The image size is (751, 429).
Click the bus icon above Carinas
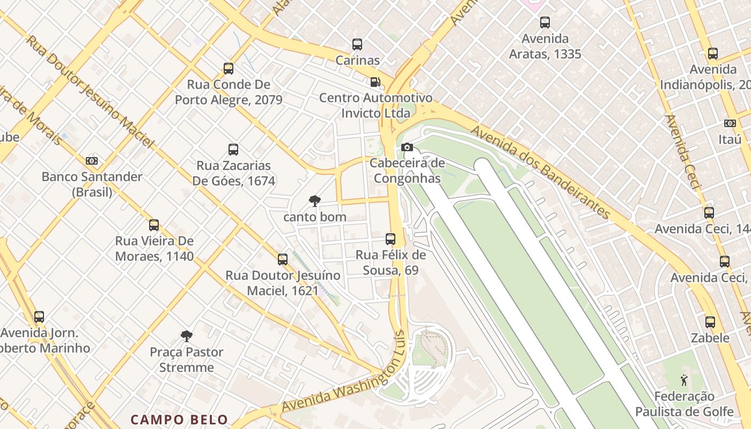click(x=357, y=45)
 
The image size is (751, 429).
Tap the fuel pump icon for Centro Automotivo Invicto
click(x=376, y=82)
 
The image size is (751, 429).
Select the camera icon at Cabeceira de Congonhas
click(x=407, y=147)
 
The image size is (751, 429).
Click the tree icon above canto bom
click(x=315, y=201)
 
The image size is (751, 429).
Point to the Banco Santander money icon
click(x=92, y=160)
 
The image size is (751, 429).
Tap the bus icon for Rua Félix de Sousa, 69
click(x=391, y=239)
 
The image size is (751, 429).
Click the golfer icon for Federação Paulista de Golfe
click(x=684, y=380)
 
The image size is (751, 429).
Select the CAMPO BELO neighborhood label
click(x=180, y=419)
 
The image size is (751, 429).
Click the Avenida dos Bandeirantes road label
click(x=541, y=173)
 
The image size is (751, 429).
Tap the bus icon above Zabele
click(x=710, y=322)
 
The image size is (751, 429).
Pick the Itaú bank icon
click(x=730, y=123)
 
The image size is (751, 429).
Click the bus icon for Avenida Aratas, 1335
click(x=545, y=23)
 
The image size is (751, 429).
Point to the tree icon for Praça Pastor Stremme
click(x=186, y=336)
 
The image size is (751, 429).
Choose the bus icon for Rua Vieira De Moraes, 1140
click(x=154, y=225)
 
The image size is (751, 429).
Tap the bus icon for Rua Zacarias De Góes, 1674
click(x=233, y=150)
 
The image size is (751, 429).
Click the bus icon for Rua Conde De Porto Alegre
click(x=229, y=69)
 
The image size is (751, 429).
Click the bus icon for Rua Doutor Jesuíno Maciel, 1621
click(x=283, y=260)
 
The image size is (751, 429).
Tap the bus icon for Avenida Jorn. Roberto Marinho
click(x=39, y=317)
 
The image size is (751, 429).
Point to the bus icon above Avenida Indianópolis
click(x=713, y=54)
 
